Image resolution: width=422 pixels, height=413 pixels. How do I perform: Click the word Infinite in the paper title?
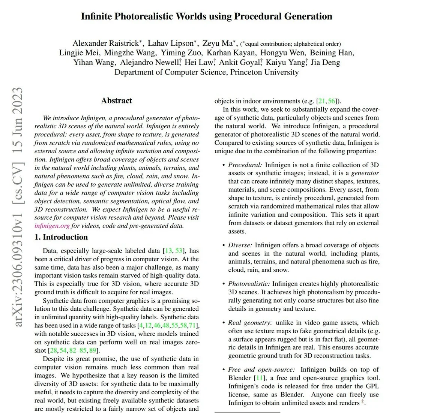click(x=96, y=16)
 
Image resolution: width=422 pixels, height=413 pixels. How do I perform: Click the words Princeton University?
click(x=264, y=72)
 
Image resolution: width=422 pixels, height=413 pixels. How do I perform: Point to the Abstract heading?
click(x=116, y=100)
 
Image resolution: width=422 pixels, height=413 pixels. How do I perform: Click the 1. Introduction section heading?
click(x=61, y=237)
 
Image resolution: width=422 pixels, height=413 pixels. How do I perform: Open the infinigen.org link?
click(x=52, y=226)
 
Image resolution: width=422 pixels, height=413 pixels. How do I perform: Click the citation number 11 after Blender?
click(x=260, y=378)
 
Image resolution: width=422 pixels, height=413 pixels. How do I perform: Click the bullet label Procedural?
click(x=245, y=165)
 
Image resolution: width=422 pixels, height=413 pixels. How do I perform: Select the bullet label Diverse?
click(x=240, y=245)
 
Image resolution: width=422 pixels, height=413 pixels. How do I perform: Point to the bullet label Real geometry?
click(x=249, y=323)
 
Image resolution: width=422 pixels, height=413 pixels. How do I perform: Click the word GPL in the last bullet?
click(x=372, y=386)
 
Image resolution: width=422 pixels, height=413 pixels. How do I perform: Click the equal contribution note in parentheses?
click(x=291, y=44)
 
